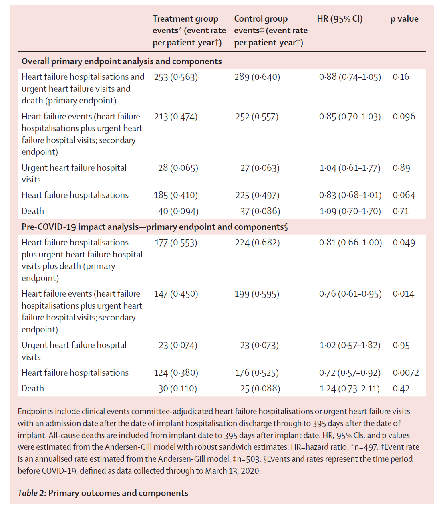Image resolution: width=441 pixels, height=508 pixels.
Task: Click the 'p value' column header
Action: (404, 19)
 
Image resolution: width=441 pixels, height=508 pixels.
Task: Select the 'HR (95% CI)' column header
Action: (340, 19)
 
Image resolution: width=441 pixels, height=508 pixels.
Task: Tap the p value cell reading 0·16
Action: (401, 77)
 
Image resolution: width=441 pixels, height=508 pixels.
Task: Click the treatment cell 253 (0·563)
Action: (176, 77)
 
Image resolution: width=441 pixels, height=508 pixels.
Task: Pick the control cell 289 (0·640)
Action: (257, 77)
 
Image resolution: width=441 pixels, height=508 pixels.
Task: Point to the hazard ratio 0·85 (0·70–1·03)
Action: (350, 117)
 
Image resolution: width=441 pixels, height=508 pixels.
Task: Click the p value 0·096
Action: (403, 116)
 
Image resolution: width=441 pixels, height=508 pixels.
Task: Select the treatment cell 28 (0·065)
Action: (178, 168)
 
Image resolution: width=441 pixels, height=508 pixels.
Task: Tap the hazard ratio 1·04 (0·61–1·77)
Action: (350, 168)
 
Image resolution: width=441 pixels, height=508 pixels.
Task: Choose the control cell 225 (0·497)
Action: (257, 195)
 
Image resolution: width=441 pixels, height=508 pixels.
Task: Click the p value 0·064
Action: (403, 195)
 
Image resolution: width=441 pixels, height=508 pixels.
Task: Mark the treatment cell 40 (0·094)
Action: (178, 211)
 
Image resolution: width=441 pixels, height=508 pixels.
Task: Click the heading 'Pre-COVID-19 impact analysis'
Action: (80, 227)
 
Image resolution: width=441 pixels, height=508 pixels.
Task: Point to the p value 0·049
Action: (403, 243)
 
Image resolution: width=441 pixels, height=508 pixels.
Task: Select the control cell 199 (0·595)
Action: (257, 294)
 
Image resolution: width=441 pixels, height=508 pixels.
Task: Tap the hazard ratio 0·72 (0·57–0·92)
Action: (350, 373)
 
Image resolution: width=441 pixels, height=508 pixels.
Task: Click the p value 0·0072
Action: (405, 373)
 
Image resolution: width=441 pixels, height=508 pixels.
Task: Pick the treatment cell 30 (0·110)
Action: (177, 389)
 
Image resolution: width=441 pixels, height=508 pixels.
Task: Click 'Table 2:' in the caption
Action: (32, 493)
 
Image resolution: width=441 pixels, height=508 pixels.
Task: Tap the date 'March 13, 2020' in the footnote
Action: (232, 471)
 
